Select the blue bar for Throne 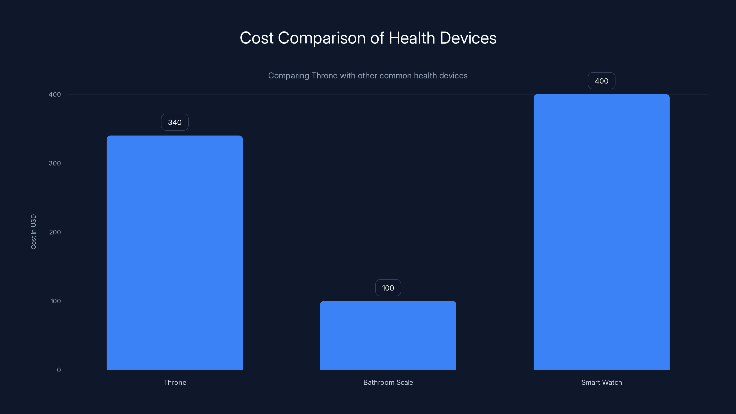(175, 253)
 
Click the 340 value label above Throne (175, 122)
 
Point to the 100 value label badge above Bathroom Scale (388, 288)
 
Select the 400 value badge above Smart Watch (601, 81)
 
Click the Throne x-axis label (175, 382)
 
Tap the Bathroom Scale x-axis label (388, 382)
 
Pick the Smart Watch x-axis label (601, 382)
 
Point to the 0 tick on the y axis (59, 370)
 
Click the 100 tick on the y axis (55, 301)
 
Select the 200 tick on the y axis (55, 232)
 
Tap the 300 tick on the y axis (55, 163)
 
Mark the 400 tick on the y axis (55, 94)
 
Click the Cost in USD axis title (33, 232)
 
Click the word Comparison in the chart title (322, 38)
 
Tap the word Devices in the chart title (468, 38)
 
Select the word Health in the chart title (412, 38)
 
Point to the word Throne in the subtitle (324, 76)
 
